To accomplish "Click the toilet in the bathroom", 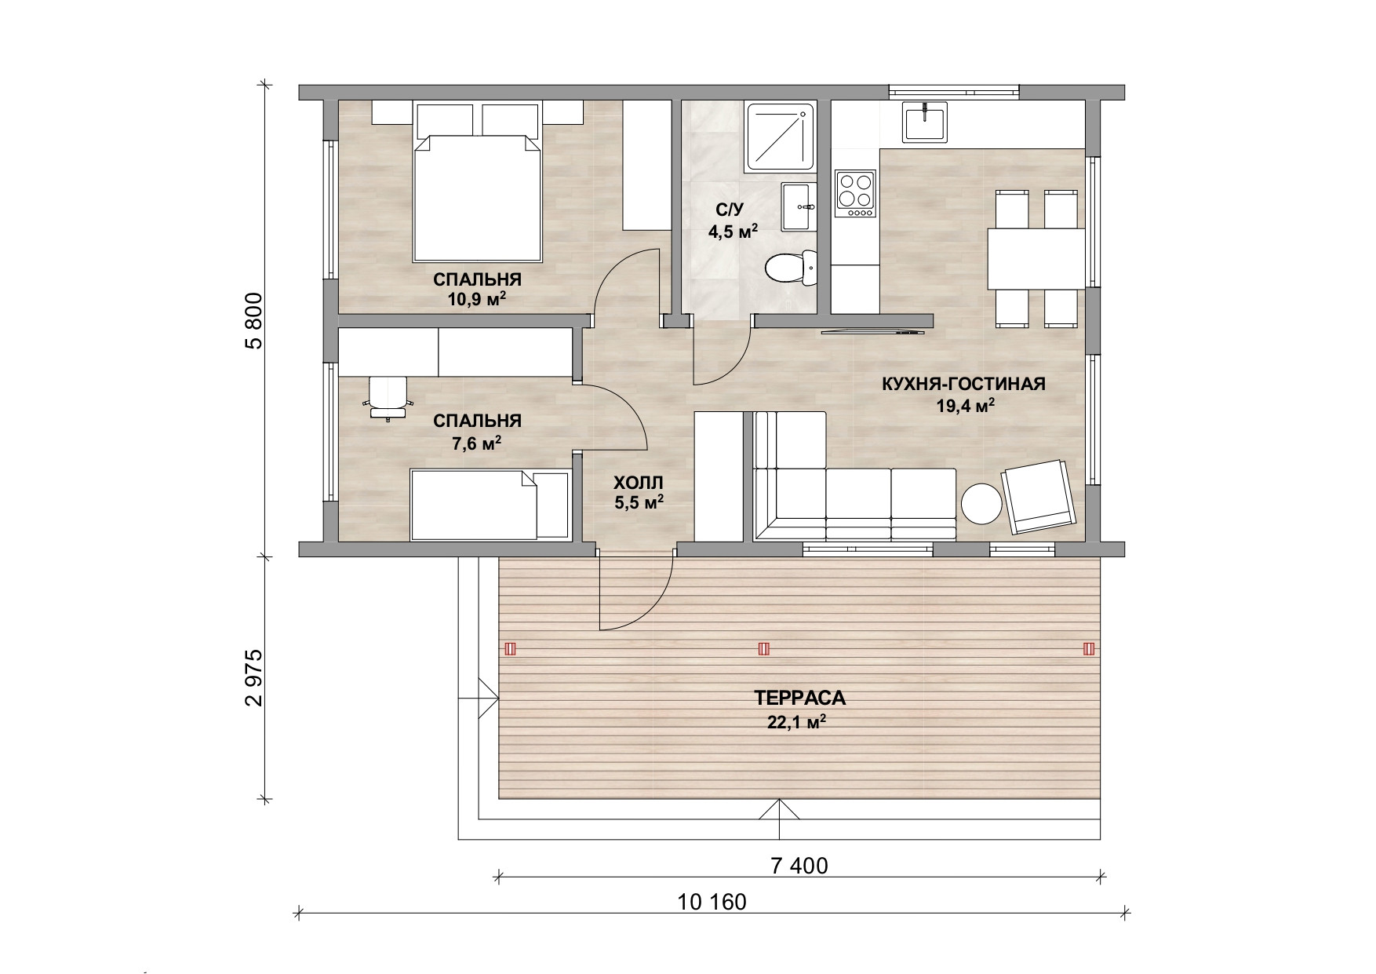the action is [791, 268].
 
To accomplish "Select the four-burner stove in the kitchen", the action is [855, 194].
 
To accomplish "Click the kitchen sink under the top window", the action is [925, 122].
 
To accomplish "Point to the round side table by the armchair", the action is [981, 503].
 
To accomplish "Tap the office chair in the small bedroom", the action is [388, 397].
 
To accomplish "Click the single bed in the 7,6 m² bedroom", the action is [490, 505].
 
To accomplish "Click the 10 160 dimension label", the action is [712, 902].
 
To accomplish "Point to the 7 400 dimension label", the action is [799, 866].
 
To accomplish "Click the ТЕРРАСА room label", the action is [799, 698].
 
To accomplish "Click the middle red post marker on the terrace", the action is [763, 649].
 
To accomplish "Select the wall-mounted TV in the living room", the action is [873, 332].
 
